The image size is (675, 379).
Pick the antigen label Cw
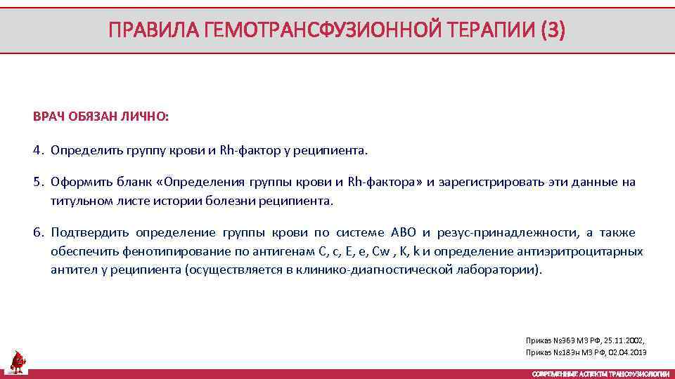(x=381, y=251)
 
